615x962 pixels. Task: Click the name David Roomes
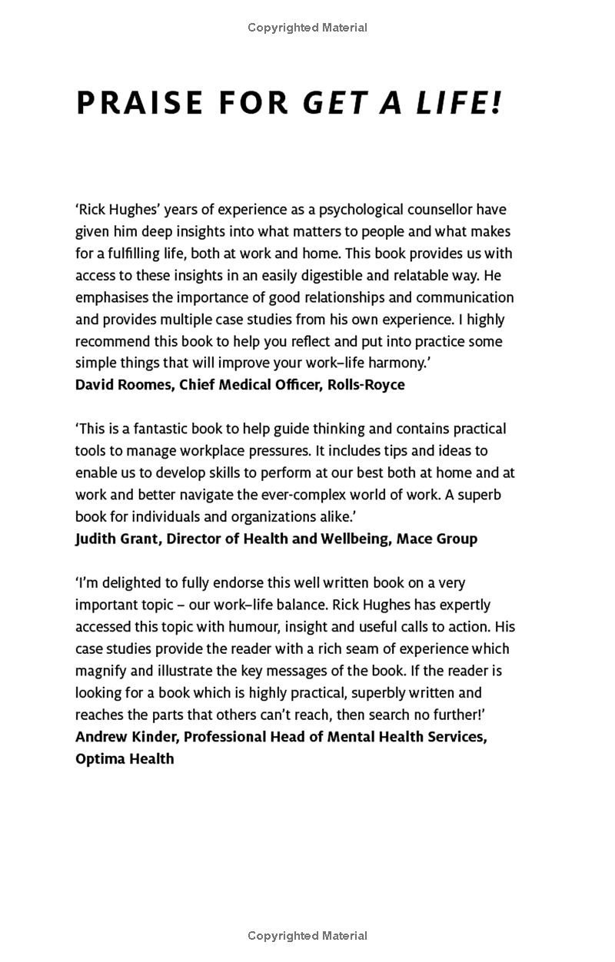tap(124, 384)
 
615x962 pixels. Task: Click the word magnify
tap(101, 671)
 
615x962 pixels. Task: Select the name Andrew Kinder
tap(125, 737)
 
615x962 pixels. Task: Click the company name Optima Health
tap(125, 758)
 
